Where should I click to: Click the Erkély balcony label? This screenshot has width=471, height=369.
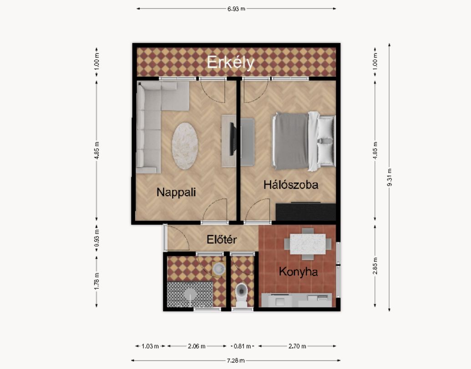230,63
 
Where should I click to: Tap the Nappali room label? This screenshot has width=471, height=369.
176,192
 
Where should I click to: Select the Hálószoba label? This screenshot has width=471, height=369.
291,184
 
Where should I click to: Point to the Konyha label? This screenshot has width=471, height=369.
298,272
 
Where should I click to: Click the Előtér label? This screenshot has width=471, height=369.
222,240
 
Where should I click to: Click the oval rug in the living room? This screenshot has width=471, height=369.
185,146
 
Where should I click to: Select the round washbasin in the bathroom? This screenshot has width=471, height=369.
219,268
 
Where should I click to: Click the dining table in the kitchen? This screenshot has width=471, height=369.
308,244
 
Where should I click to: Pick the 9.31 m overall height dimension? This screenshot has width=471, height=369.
389,177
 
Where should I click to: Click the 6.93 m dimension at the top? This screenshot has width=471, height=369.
236,9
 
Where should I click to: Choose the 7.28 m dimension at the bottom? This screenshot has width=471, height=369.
236,360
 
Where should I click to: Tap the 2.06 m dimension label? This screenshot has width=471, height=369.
197,346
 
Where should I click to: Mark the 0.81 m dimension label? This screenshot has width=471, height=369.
242,346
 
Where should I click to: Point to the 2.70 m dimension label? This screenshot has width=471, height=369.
297,346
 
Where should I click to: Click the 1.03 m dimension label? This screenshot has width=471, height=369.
150,346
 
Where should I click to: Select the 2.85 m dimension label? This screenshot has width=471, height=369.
375,266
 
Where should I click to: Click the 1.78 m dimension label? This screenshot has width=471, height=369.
96,281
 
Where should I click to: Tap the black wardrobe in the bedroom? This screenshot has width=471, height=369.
305,212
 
